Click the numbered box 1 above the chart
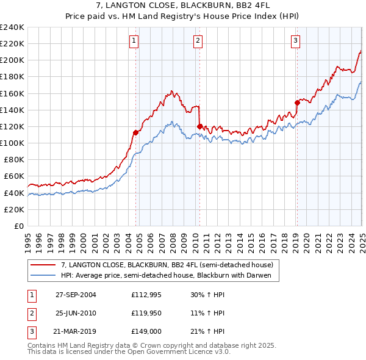[x=134, y=41]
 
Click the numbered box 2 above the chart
[x=198, y=41]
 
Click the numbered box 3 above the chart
[x=295, y=41]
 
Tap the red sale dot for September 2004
[x=135, y=132]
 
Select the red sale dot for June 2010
[x=199, y=126]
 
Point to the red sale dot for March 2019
[x=297, y=103]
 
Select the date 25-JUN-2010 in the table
[x=76, y=314]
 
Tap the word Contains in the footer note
[x=43, y=345]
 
